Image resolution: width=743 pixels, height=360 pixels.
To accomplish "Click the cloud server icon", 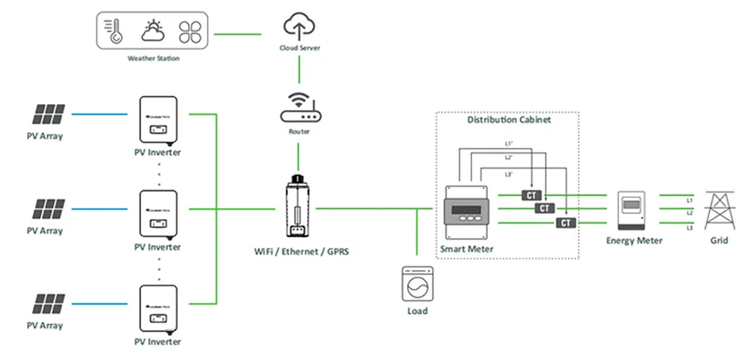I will click(298, 26).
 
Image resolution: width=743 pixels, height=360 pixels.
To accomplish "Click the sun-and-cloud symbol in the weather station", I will click(154, 31).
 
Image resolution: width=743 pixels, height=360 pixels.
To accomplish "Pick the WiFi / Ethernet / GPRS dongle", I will click(297, 206).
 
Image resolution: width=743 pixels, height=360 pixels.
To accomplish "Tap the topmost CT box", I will click(530, 195).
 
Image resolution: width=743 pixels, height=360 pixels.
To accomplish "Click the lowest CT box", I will click(566, 223).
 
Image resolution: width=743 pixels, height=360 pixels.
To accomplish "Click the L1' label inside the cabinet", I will click(509, 144).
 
